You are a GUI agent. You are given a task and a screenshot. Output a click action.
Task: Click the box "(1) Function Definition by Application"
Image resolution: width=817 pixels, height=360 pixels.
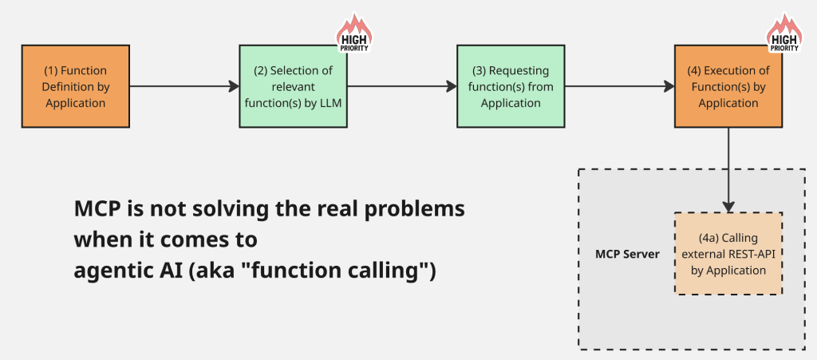click(76, 86)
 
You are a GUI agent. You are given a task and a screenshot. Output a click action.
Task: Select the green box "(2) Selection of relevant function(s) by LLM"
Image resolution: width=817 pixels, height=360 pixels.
click(294, 86)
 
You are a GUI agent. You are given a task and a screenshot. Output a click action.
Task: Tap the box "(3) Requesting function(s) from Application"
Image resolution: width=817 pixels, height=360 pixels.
click(511, 86)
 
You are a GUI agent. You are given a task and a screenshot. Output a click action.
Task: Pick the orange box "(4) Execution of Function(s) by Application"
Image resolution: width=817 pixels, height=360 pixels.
click(728, 86)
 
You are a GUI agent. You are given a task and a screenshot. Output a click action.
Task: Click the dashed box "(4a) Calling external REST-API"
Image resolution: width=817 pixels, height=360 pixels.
click(728, 253)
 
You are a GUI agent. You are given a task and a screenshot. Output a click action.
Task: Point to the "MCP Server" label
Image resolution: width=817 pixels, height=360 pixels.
click(627, 255)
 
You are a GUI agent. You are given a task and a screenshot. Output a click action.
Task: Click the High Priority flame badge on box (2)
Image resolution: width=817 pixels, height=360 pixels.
click(354, 34)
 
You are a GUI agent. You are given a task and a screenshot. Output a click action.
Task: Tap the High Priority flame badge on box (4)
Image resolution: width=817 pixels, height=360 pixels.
click(784, 34)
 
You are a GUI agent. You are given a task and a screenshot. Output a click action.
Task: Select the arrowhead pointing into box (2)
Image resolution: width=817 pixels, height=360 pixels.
click(234, 86)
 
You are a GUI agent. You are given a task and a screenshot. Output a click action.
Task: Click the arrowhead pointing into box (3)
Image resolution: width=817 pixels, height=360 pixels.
click(452, 86)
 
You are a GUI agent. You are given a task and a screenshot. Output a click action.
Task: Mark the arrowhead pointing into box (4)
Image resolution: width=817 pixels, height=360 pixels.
click(669, 86)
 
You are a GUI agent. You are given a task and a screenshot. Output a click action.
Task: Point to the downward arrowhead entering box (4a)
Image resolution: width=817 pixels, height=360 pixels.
click(728, 207)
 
